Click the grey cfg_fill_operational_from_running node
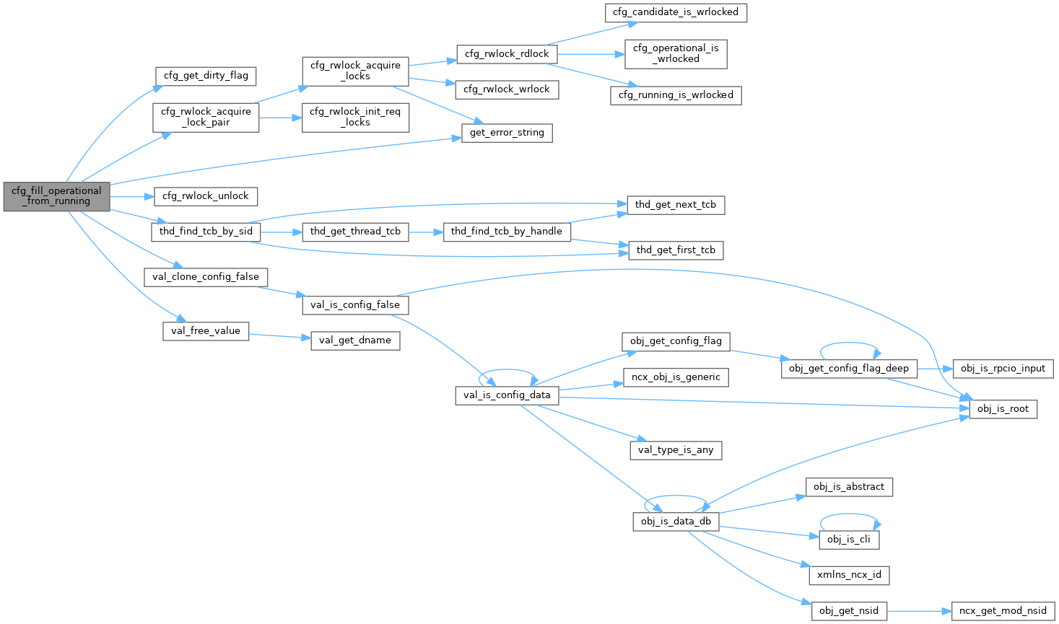coord(56,196)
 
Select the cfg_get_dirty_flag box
coord(206,76)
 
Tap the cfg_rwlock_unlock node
coord(205,196)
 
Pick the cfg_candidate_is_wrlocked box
coord(676,12)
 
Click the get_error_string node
coord(507,133)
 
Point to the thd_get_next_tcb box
coord(675,205)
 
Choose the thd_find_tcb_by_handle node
coord(506,232)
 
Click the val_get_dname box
coord(355,340)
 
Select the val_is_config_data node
coord(507,395)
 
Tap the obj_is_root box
coord(1003,409)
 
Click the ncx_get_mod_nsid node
coord(1003,611)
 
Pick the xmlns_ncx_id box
coord(849,575)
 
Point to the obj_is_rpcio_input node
coord(1003,369)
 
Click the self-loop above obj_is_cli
coord(850,516)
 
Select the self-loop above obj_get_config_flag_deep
coord(850,345)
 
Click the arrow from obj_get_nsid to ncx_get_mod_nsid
coord(919,611)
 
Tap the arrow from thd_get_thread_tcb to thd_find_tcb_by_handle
coord(426,232)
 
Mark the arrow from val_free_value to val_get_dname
coord(279,336)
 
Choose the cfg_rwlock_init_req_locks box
coord(355,117)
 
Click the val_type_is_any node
coord(676,450)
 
